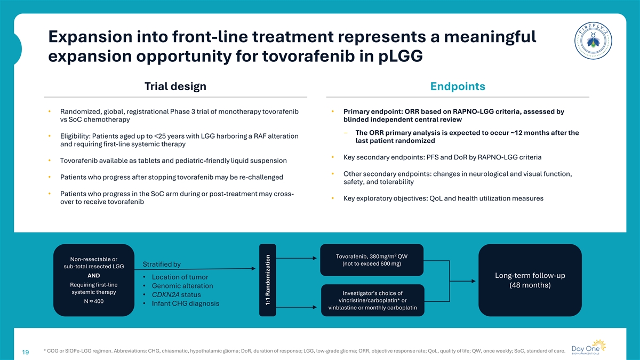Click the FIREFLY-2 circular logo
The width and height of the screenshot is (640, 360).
pos(593,41)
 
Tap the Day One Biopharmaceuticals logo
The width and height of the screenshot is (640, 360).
pos(589,347)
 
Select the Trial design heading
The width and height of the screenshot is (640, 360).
pos(175,86)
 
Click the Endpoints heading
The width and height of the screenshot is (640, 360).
pos(458,86)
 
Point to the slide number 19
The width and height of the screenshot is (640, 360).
pos(26,352)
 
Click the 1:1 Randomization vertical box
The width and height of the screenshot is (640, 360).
pos(268,280)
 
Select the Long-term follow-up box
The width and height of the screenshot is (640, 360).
pos(530,280)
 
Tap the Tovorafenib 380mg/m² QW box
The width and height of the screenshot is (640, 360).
pos(372,260)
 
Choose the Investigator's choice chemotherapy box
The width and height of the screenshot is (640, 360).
pos(373,300)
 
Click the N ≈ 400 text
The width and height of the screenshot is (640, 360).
pos(94,301)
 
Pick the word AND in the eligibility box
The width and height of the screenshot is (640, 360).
pos(94,275)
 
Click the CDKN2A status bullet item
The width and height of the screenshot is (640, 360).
pos(177,294)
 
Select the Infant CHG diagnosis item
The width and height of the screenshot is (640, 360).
pos(186,303)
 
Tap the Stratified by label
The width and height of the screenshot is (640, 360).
pos(162,265)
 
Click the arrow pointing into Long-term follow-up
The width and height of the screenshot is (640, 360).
pos(463,281)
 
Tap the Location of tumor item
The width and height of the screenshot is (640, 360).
pos(180,277)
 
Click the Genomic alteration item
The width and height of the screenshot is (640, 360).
pos(182,286)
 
